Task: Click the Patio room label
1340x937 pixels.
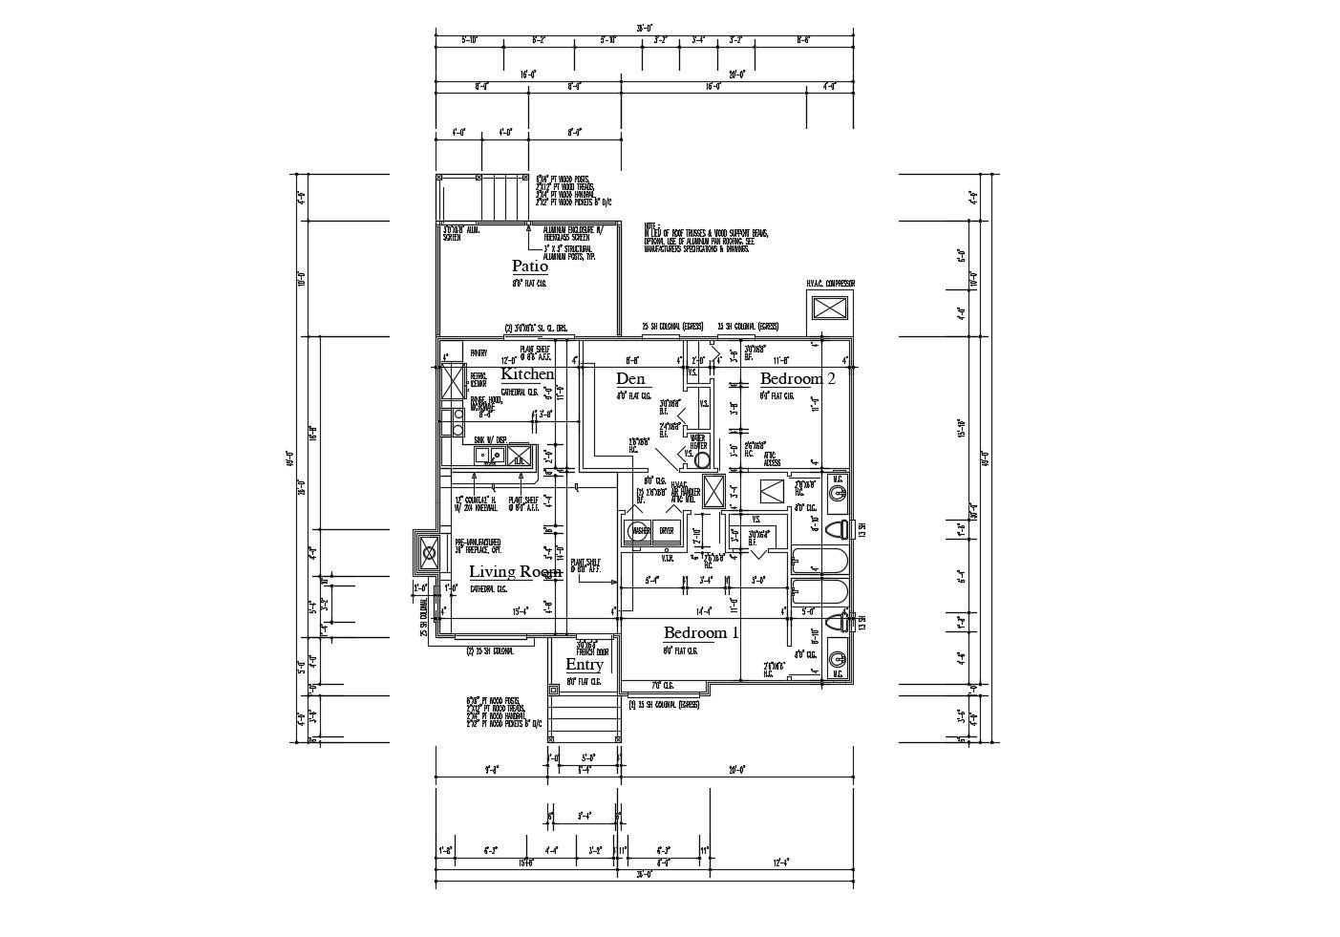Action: click(530, 266)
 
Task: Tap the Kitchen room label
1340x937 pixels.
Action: click(527, 374)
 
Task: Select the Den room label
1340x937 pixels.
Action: click(630, 379)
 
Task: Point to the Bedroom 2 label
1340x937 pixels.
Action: click(798, 378)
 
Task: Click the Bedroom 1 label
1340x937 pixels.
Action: click(701, 632)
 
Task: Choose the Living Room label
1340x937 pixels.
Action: click(515, 572)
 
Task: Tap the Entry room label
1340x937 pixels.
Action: click(584, 665)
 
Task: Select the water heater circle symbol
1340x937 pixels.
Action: click(703, 460)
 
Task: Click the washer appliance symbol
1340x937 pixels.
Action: click(638, 531)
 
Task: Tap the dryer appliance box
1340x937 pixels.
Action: click(666, 531)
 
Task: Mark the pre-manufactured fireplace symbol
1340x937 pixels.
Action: click(429, 551)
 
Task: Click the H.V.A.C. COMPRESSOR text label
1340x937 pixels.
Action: click(830, 284)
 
